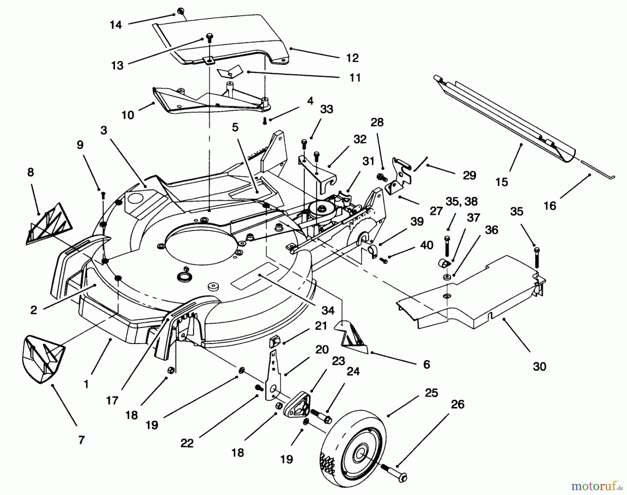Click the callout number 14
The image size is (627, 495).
116,25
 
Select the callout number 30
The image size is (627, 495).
539,366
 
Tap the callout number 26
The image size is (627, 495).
457,405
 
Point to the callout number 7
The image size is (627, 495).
81,440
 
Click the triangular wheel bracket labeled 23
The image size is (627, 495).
297,404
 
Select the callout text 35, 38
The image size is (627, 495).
462,201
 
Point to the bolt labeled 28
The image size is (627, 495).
381,177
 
